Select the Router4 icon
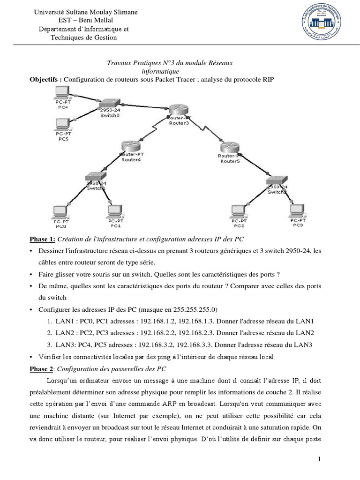[x=131, y=147]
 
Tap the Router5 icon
[x=230, y=148]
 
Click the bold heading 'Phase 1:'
[x=43, y=239]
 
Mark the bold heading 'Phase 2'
[x=41, y=368]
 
